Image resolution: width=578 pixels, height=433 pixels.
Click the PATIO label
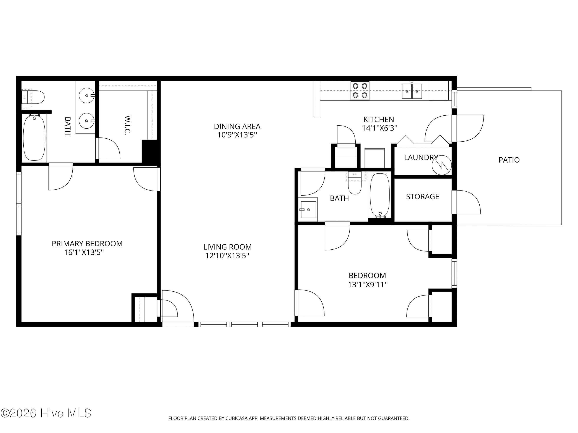[x=509, y=160]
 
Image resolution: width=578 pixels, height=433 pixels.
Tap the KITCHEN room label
[x=379, y=120]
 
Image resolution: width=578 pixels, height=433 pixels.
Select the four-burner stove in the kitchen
[x=360, y=90]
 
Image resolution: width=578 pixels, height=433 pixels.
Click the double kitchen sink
[x=412, y=91]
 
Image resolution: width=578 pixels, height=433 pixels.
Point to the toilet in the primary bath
[x=33, y=97]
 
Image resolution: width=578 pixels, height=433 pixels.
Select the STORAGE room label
[x=423, y=197]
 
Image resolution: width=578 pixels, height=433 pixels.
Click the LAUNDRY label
[x=421, y=157]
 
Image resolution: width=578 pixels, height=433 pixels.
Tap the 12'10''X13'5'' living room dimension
[x=227, y=255]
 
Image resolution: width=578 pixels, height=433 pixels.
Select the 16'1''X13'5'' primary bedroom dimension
[x=84, y=252]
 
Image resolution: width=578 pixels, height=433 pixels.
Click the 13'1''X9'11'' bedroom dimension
[x=368, y=284]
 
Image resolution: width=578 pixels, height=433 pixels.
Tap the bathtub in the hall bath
[x=380, y=195]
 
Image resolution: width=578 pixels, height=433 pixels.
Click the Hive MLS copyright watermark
[x=46, y=413]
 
